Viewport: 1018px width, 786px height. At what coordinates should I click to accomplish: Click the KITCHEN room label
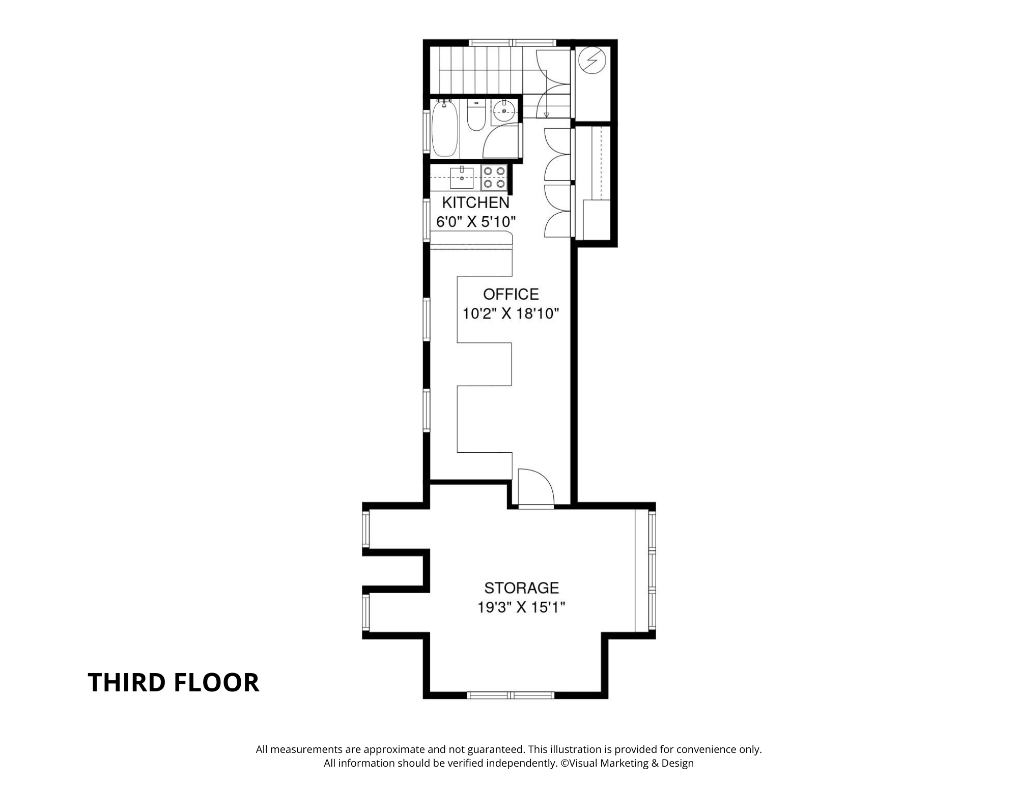475,202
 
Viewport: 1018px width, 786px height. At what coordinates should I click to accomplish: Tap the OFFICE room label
511,294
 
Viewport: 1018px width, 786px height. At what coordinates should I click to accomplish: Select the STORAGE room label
522,588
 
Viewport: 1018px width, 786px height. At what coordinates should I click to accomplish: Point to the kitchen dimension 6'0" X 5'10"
476,222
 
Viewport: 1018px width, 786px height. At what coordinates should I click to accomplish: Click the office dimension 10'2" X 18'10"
511,313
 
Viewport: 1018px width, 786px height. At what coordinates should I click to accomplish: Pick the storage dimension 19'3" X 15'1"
522,607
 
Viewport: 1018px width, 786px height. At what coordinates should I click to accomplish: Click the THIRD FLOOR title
174,682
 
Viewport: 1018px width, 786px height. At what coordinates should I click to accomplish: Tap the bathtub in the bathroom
444,129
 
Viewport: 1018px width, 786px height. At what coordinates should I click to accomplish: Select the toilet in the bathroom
476,115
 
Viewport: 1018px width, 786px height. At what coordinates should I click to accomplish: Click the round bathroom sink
504,111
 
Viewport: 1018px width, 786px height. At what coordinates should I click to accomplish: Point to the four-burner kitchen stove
494,178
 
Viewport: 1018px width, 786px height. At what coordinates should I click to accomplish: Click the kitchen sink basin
462,178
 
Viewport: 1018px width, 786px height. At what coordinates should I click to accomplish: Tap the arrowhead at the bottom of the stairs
547,115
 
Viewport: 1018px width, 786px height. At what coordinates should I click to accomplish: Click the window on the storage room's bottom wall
511,695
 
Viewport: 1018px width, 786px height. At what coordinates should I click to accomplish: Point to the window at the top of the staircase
512,43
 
